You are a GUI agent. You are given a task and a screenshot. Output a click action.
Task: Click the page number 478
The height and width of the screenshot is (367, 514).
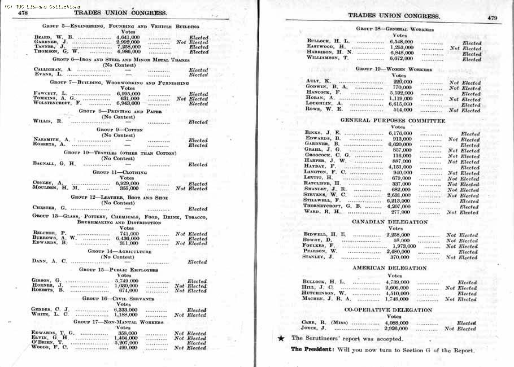point(23,12)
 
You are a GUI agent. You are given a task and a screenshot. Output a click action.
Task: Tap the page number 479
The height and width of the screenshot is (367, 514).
point(492,18)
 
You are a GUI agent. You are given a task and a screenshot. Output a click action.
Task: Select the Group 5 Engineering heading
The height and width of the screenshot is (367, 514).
point(120,27)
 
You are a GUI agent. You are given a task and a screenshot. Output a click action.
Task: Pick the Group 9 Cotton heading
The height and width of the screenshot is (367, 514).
point(119,130)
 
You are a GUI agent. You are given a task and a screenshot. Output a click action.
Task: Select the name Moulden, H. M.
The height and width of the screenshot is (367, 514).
point(55,189)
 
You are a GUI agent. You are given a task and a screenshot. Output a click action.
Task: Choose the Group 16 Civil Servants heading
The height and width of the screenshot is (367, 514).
point(118,298)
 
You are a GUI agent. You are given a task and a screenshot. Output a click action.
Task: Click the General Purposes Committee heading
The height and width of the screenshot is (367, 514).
point(393,120)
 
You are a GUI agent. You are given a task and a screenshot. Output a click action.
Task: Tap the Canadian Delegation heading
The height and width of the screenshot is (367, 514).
point(390,222)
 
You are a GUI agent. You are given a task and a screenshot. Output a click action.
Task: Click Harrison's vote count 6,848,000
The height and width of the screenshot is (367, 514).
point(402,53)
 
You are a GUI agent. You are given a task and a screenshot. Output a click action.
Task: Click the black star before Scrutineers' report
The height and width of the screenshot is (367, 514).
point(281,338)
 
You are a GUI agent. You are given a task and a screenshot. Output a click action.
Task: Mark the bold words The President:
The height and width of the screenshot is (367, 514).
point(312,350)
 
